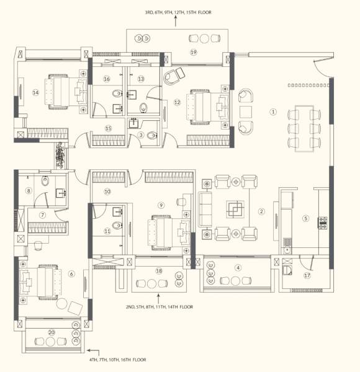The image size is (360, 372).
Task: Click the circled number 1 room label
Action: point(272,112)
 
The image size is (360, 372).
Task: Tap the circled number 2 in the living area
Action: point(261,211)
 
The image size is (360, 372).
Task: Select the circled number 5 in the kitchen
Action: point(305,218)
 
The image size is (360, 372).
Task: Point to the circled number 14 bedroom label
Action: point(35,92)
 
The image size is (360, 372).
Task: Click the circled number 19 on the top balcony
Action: point(193,53)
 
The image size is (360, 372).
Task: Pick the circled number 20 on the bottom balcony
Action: point(52,333)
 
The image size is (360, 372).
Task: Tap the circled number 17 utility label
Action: point(307,276)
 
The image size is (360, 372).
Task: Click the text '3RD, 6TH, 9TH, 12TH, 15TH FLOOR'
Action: point(175,12)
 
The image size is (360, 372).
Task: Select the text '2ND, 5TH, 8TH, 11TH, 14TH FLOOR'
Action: point(159,306)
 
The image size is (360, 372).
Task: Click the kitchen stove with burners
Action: point(322,222)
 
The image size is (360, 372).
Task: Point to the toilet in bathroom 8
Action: point(44,182)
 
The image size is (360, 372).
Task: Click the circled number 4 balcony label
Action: point(238,268)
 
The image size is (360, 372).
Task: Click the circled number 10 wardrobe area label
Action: point(107,192)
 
